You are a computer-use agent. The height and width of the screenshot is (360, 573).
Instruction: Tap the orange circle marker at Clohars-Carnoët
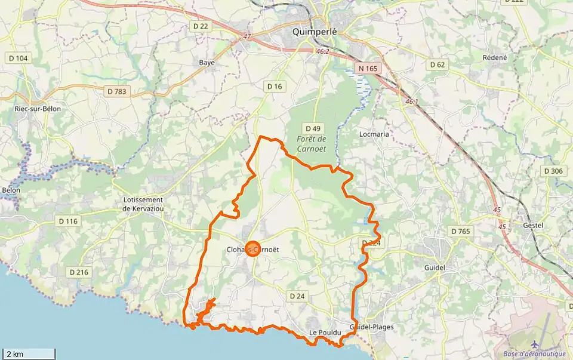tap(253, 250)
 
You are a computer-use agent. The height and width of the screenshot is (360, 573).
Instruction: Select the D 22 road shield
tap(201, 26)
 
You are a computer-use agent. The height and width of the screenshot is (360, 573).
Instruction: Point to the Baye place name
tap(207, 62)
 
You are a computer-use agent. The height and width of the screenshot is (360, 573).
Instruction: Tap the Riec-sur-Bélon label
tap(38, 109)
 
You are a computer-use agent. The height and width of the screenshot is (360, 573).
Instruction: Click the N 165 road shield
tap(368, 69)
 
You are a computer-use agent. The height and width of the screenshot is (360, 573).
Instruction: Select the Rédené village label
tap(495, 57)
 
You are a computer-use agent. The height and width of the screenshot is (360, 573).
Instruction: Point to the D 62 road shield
tap(438, 64)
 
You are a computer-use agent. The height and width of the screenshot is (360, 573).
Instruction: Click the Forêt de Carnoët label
tap(312, 144)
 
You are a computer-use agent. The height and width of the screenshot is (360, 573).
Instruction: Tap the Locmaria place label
tap(374, 134)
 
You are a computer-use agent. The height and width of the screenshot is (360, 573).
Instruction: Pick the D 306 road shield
tap(553, 171)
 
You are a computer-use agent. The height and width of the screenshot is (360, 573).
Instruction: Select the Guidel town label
tap(435, 267)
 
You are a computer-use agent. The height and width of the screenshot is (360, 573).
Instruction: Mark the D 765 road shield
tap(461, 231)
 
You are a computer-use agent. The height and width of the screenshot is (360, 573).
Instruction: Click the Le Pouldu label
tap(325, 332)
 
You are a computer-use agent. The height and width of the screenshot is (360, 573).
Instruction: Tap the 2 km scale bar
tap(29, 354)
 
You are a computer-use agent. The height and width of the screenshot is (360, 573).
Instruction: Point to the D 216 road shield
tap(79, 273)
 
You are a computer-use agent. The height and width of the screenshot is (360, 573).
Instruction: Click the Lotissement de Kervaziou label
tap(143, 204)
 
